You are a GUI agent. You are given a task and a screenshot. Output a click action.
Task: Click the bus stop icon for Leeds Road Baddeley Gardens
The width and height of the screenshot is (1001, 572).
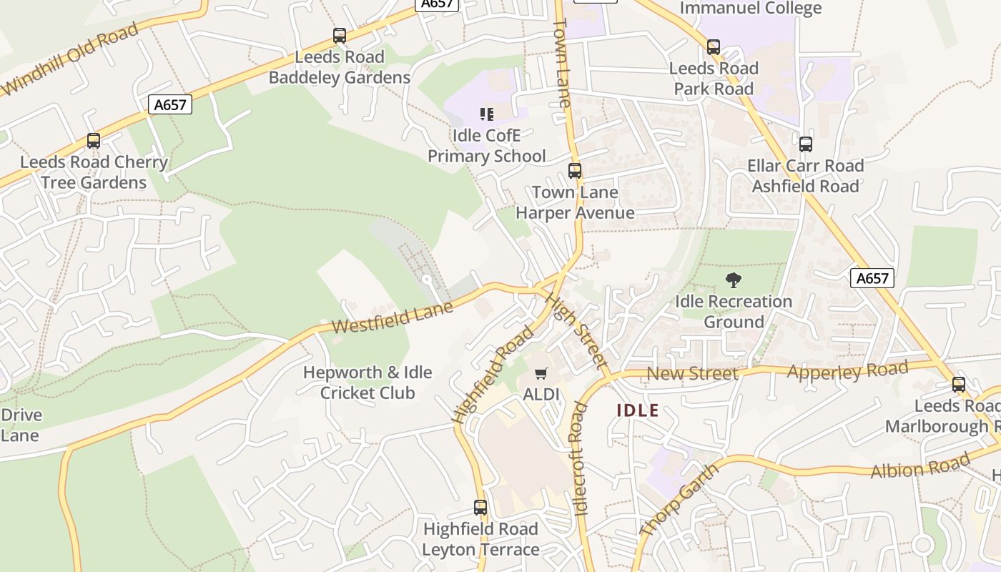tap(340, 35)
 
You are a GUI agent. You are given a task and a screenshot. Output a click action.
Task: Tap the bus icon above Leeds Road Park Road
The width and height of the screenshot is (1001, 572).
tap(713, 47)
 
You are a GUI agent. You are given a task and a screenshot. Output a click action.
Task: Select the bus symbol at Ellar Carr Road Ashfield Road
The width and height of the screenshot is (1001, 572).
tap(806, 144)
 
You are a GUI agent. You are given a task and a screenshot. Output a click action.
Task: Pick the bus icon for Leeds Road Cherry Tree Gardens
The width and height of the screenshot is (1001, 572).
tap(94, 140)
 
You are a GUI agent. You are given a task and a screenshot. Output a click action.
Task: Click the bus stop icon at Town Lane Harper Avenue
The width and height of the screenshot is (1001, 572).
tap(575, 171)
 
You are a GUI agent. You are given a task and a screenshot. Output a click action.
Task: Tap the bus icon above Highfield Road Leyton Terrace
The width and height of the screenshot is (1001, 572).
tap(480, 508)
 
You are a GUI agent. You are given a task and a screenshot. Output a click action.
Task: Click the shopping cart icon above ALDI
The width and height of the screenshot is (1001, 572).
tap(541, 373)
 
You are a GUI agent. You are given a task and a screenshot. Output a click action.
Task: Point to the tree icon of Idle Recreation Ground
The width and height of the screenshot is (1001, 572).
tap(733, 280)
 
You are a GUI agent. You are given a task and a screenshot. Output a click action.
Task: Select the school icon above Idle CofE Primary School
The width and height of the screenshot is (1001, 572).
tap(487, 114)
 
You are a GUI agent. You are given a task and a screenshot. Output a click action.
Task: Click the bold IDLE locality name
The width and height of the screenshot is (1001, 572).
tap(637, 411)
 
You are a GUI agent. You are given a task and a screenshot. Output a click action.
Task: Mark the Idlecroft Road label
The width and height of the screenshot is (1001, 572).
tap(579, 458)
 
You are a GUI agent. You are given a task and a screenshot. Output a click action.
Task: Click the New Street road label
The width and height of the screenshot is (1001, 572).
tap(692, 373)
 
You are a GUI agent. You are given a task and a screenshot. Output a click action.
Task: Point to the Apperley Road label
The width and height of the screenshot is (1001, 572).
tap(847, 370)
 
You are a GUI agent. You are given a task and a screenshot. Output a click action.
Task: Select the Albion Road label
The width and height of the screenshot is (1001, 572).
tap(919, 466)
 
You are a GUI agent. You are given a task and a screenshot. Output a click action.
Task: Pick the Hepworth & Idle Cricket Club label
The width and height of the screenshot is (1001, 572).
tap(368, 383)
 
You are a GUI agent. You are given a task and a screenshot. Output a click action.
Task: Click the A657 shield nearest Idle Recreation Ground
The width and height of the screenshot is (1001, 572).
tap(872, 278)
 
